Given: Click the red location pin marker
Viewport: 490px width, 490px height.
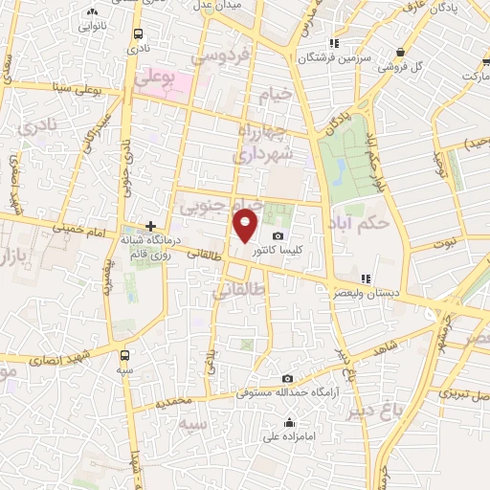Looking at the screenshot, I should pos(246,226).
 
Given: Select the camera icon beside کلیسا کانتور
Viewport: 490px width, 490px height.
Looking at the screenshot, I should pos(278,236).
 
